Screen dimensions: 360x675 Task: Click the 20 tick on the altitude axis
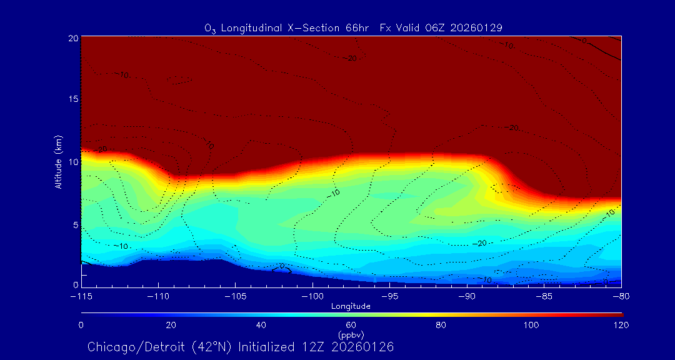pyautogui.click(x=72, y=38)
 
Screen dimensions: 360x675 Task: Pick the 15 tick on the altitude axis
pyautogui.click(x=72, y=100)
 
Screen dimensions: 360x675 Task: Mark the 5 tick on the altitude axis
pyautogui.click(x=74, y=224)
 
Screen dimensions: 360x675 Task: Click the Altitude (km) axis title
pyautogui.click(x=58, y=162)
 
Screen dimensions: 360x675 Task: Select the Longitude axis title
pyautogui.click(x=351, y=306)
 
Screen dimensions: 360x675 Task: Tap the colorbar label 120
pyautogui.click(x=621, y=325)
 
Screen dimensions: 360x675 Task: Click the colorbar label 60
pyautogui.click(x=351, y=325)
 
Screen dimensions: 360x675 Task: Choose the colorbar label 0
pyautogui.click(x=81, y=325)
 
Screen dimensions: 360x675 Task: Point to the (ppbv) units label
pyautogui.click(x=351, y=335)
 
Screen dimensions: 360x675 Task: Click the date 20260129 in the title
pyautogui.click(x=476, y=28)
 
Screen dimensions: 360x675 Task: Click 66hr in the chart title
pyautogui.click(x=357, y=28)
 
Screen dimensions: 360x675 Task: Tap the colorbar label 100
pyautogui.click(x=531, y=325)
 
